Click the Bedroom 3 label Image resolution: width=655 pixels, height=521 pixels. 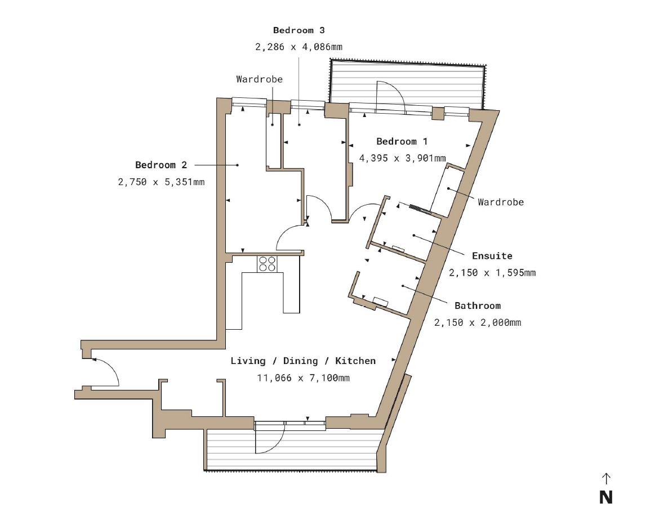point(298,30)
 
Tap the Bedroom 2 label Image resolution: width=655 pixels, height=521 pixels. point(161,165)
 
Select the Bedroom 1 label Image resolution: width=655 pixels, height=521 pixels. point(402,142)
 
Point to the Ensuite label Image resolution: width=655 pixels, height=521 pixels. point(492,256)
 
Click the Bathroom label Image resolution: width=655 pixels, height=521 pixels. point(478,306)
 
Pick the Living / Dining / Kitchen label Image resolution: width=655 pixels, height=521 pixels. point(303,361)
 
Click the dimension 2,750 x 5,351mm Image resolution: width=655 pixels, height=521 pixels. point(161,182)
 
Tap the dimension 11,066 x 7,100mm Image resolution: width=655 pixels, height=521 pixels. point(303,378)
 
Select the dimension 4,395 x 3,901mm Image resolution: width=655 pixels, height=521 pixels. point(402,158)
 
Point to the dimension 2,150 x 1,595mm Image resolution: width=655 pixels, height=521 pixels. point(492,273)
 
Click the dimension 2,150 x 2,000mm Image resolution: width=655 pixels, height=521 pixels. point(478,323)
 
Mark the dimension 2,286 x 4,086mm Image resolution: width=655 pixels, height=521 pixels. point(298,47)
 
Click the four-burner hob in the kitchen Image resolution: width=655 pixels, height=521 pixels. point(267,264)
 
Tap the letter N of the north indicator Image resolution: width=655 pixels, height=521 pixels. point(605,497)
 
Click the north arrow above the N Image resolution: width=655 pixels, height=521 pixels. point(605,478)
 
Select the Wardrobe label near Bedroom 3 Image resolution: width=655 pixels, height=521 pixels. point(259,79)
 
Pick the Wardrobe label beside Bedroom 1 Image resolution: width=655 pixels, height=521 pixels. point(501,202)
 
